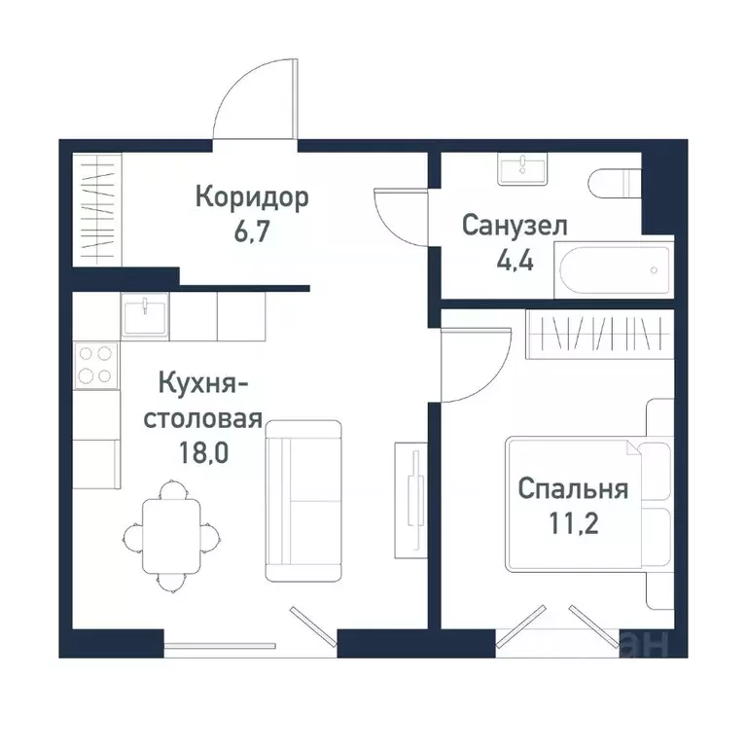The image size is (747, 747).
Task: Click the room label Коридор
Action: [x=252, y=198]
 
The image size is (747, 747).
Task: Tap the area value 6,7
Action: [x=251, y=235]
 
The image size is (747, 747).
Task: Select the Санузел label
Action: [x=515, y=227]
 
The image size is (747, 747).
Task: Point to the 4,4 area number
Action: [x=515, y=263]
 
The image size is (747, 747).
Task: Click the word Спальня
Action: [x=573, y=488]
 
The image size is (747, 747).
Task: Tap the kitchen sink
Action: [x=144, y=315]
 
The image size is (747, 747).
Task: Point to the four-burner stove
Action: [x=94, y=365]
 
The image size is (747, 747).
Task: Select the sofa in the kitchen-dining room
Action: [x=303, y=500]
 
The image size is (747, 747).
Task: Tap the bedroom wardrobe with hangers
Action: [x=597, y=334]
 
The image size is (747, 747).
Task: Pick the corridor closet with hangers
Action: [x=97, y=209]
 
